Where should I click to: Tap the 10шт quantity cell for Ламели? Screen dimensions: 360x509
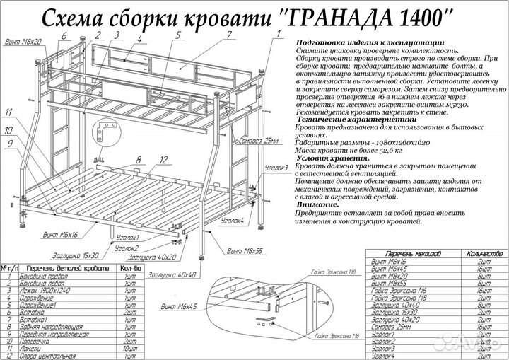[129, 349]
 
